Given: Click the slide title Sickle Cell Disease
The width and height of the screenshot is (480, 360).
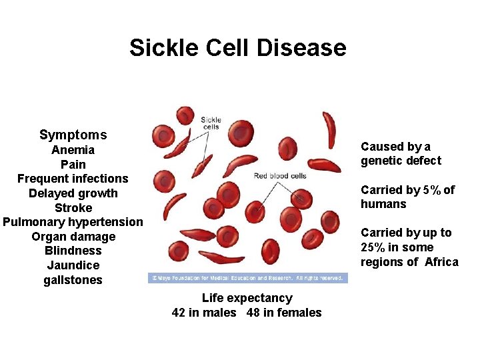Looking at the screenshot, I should click(238, 48).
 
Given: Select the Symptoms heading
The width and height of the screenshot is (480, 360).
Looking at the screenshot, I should click(73, 135).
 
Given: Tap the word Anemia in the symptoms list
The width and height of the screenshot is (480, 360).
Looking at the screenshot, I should click(73, 150).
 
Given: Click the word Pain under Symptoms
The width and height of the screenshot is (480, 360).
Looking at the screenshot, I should click(73, 164).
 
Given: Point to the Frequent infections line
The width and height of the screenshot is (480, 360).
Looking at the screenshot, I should click(73, 179).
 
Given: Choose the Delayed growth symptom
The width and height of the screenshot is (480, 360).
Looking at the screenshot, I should click(73, 193).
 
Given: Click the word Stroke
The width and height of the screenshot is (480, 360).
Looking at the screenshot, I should click(73, 207).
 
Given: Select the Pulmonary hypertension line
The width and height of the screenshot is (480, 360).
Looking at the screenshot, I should click(73, 222).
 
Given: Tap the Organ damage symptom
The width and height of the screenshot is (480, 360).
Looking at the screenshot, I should click(73, 237).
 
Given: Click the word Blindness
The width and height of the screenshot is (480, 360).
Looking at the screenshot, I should click(73, 251).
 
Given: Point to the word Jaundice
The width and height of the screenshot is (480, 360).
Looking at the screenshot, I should click(73, 265).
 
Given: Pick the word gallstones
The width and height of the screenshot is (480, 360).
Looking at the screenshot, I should click(73, 280).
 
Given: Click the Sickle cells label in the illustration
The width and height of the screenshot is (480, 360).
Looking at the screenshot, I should click(211, 123).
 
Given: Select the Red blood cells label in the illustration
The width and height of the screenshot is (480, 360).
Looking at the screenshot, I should click(280, 176).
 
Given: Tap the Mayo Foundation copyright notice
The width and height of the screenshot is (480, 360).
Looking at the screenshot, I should click(247, 278).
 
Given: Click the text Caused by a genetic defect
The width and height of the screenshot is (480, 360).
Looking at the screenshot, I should click(400, 153).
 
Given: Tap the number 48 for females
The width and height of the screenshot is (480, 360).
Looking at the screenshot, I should click(253, 313).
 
